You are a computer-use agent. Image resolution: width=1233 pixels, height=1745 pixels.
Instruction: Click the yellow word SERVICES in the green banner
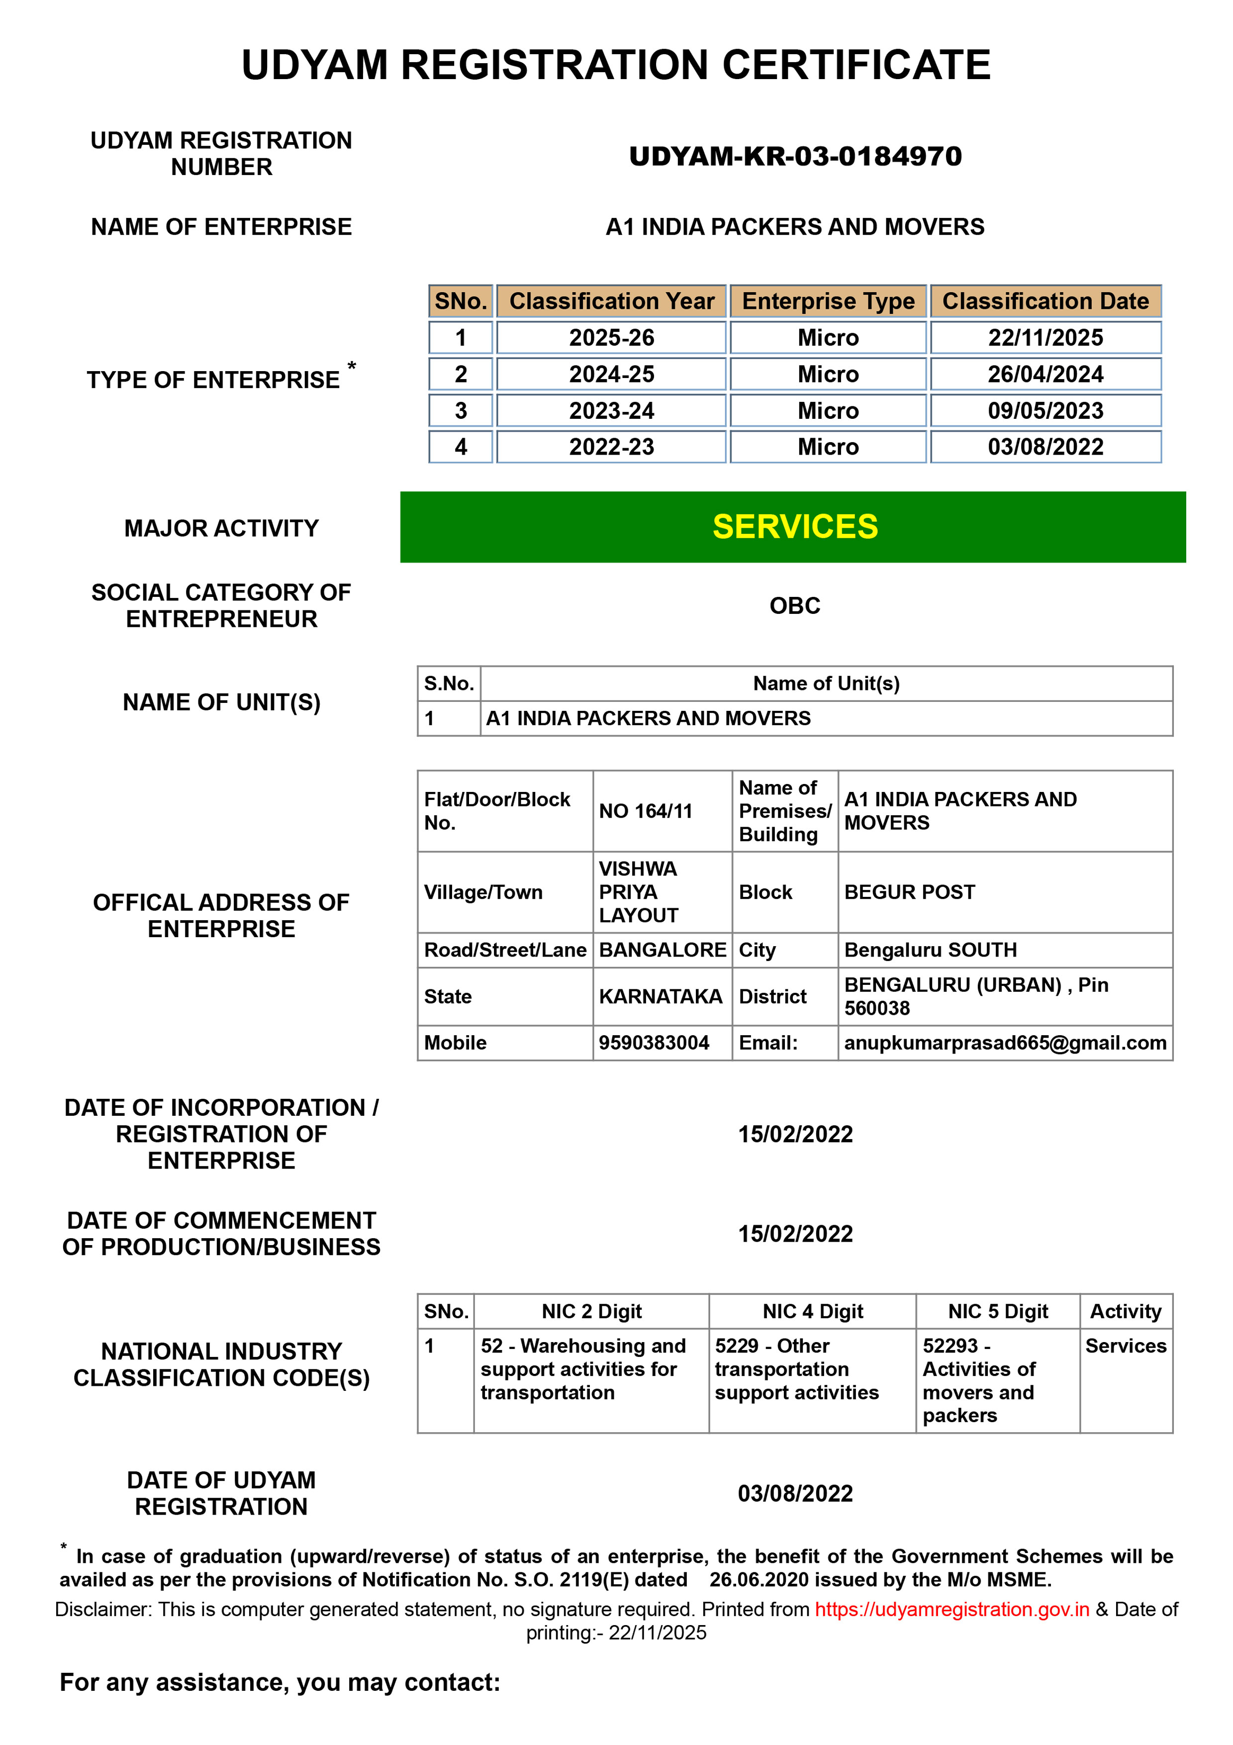pyautogui.click(x=795, y=527)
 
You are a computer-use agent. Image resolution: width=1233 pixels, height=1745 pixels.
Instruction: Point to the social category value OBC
pyautogui.click(x=795, y=606)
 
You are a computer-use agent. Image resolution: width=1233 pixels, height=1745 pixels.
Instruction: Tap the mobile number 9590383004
pyautogui.click(x=654, y=1043)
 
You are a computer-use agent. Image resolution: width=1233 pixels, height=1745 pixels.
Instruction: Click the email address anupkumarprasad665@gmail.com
pyautogui.click(x=1004, y=1043)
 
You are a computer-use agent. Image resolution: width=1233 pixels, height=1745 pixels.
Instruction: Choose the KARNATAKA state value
pyautogui.click(x=660, y=996)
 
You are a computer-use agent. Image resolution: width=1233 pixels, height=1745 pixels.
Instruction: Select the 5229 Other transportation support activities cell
pyautogui.click(x=796, y=1369)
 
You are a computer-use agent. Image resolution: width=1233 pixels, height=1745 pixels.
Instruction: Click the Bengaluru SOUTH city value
pyautogui.click(x=930, y=950)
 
